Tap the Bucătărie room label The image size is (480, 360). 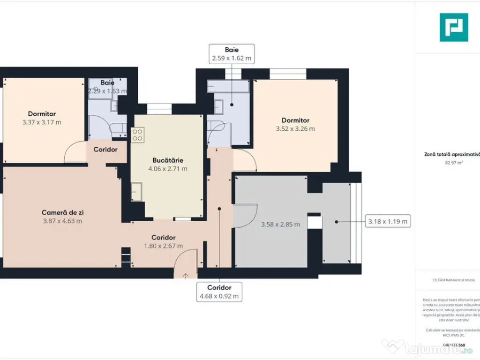click(167, 160)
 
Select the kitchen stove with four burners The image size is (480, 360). click(138, 135)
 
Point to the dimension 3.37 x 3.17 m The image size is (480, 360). click(42, 122)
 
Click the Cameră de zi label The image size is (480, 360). click(62, 212)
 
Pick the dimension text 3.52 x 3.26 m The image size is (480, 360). click(295, 129)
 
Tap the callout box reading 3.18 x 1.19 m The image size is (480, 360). click(387, 221)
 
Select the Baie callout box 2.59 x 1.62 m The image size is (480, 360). click(232, 54)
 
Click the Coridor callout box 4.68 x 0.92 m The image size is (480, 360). click(219, 292)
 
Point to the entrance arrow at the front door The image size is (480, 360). click(186, 275)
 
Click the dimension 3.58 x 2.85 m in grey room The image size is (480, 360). click(280, 225)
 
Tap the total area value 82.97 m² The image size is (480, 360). click(450, 163)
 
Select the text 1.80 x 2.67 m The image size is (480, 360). click(164, 246)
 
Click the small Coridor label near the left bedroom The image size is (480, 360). click(105, 150)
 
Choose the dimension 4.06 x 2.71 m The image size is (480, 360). click(167, 169)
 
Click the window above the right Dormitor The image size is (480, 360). click(288, 74)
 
